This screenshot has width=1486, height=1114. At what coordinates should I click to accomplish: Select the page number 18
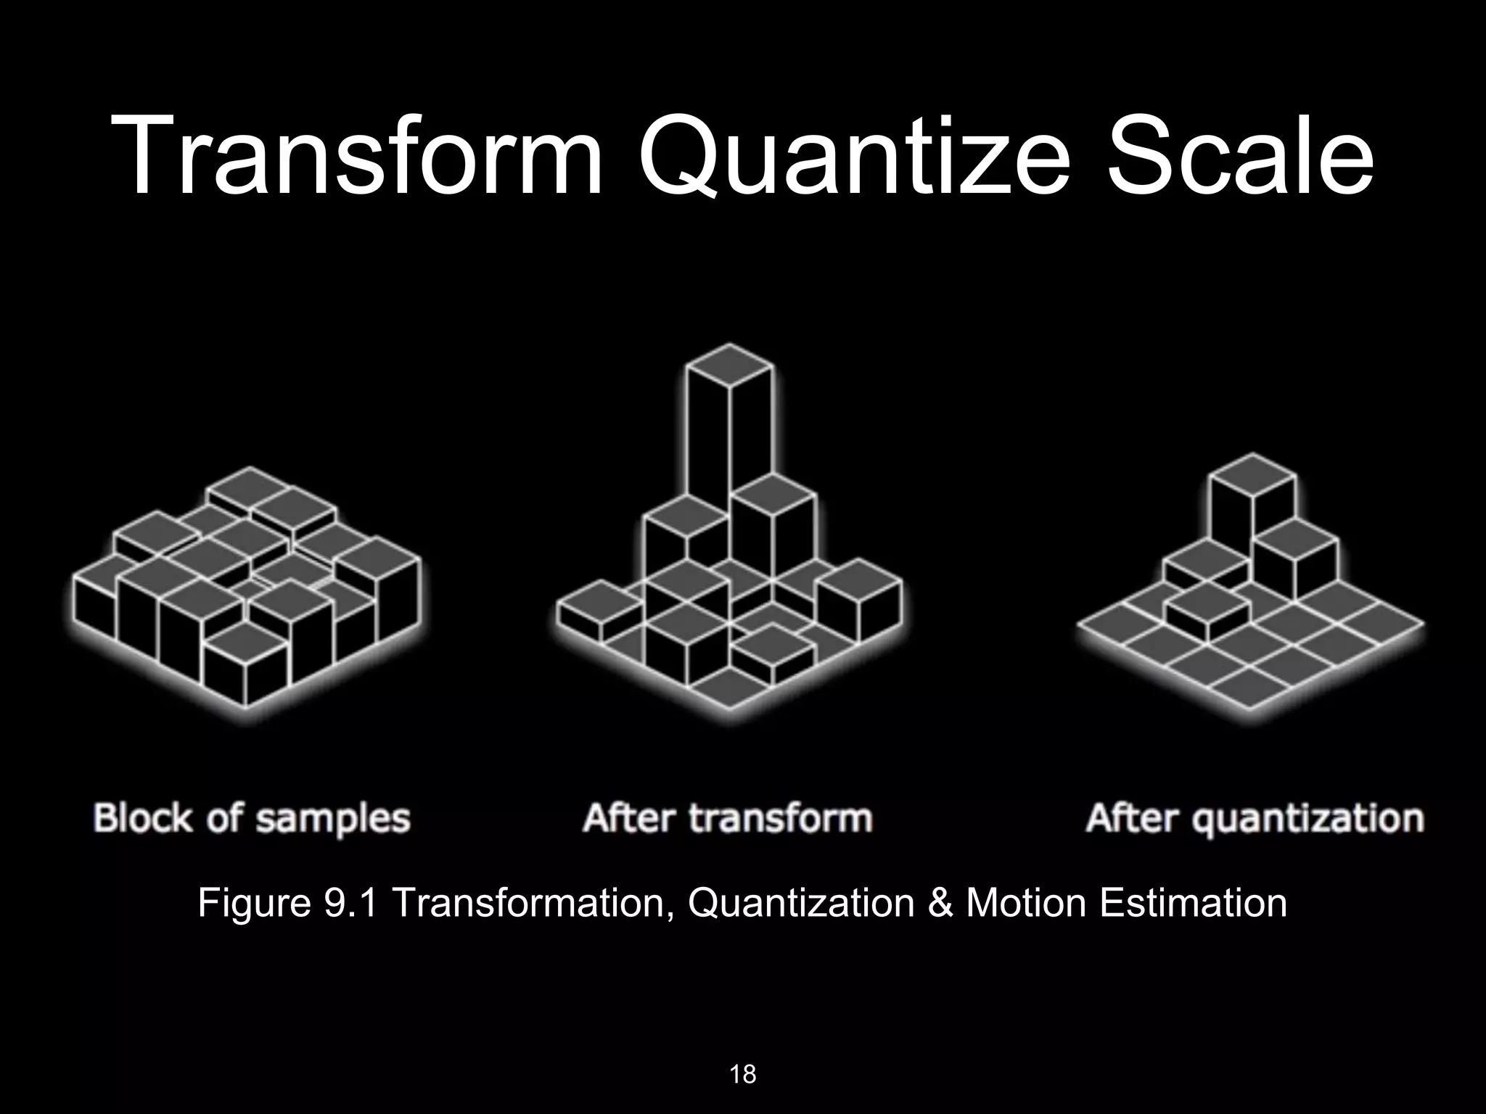742,1073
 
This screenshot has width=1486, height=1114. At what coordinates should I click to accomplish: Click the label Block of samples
252,818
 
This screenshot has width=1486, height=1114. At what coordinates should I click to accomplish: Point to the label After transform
727,818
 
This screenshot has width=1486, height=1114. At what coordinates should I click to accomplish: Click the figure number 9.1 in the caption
350,903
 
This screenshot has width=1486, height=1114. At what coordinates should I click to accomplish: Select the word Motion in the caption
1025,903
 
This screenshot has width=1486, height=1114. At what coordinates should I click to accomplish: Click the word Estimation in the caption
1193,903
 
